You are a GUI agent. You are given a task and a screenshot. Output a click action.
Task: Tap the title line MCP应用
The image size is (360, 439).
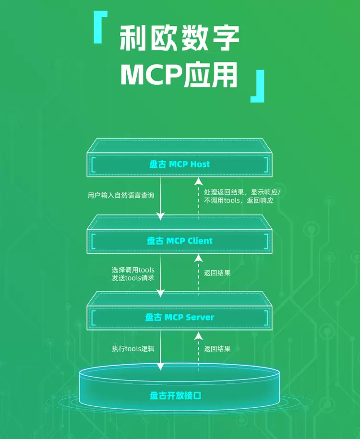179,74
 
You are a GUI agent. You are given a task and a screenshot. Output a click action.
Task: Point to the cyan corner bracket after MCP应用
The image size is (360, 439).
258,86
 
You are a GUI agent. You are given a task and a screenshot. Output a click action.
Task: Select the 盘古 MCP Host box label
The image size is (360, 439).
180,164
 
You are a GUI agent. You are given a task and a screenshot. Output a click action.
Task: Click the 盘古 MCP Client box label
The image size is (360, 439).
180,241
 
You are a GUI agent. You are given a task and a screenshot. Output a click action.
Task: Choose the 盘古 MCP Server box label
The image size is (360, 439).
180,317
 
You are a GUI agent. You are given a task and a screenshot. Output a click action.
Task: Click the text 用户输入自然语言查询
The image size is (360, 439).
121,195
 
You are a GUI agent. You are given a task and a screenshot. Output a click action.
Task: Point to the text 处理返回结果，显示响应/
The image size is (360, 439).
242,191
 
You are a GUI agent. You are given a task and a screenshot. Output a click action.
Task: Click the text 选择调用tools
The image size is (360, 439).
133,270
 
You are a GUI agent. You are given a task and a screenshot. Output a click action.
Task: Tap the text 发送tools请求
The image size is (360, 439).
133,278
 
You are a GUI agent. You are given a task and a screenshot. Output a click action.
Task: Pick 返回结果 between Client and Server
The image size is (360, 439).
217,273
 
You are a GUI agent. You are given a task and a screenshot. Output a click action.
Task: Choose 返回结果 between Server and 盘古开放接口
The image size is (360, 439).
217,349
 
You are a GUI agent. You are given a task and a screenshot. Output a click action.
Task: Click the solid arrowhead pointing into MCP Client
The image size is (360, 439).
161,217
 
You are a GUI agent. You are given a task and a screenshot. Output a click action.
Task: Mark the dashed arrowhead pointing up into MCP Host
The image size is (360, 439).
197,181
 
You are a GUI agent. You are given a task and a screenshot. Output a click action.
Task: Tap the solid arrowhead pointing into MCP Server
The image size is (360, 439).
161,293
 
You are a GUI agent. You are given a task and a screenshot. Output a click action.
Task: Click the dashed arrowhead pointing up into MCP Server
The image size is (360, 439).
197,334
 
